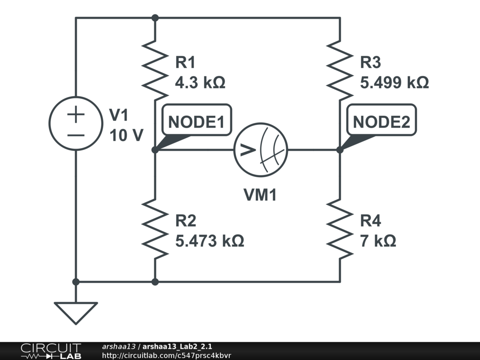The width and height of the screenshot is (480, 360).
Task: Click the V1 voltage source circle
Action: click(75, 123)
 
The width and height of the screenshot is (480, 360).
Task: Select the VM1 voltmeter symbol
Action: click(261, 150)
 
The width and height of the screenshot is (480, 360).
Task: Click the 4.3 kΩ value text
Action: click(200, 83)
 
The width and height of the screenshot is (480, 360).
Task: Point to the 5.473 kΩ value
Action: click(209, 241)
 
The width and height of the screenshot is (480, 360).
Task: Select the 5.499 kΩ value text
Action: click(394, 83)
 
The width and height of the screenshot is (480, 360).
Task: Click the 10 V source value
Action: click(126, 135)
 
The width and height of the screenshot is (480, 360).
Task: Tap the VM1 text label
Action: click(260, 195)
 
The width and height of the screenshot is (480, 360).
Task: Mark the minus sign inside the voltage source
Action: click(75, 135)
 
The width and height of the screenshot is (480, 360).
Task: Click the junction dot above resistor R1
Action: click(155, 18)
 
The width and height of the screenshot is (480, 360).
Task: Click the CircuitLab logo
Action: click(51, 351)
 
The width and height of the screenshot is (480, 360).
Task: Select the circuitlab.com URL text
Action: click(166, 356)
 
